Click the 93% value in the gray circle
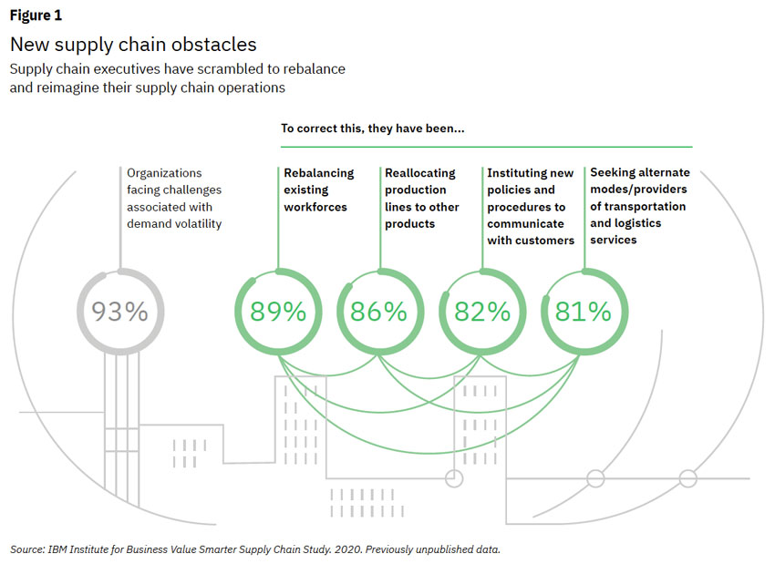(119, 312)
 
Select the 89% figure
(277, 312)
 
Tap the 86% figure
(379, 312)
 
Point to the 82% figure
(482, 312)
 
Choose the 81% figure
(584, 312)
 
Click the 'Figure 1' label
(36, 15)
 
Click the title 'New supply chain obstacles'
(133, 44)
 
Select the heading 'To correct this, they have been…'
(373, 128)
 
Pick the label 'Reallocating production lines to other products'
(421, 198)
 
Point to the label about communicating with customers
(531, 207)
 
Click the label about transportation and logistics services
(640, 206)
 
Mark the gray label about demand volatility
(174, 198)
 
